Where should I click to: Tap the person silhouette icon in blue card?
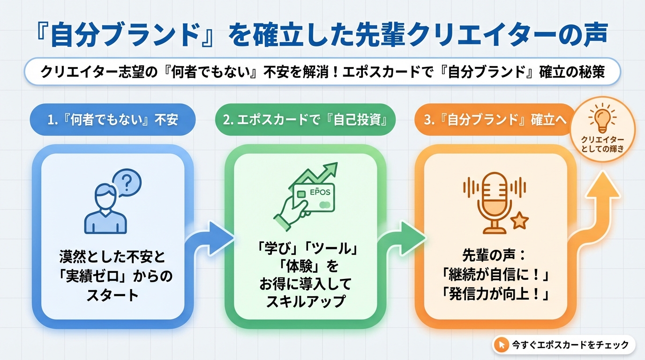(x=105, y=210)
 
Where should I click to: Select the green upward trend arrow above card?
(x=323, y=174)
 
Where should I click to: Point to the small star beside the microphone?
(x=519, y=220)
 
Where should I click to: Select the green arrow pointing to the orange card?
(x=401, y=239)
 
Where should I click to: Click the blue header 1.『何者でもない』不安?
(x=113, y=120)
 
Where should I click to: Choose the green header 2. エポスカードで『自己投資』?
(x=305, y=120)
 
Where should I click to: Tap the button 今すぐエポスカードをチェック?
(x=563, y=345)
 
